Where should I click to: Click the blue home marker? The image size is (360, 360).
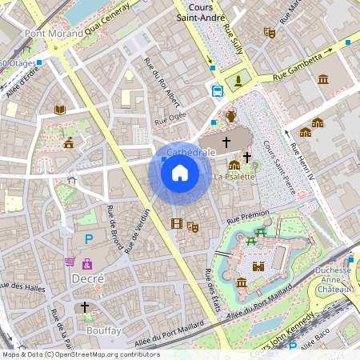point(180,172)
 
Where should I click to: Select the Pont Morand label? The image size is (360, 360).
point(54,34)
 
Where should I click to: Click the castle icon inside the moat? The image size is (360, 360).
point(258,266)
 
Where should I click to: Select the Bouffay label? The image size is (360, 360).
point(102,330)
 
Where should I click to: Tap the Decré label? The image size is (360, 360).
point(88,278)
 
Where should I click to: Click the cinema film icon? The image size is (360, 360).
point(176,223)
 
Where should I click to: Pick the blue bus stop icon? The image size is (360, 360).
point(218,90)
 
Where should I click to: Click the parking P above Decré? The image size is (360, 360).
point(89,238)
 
